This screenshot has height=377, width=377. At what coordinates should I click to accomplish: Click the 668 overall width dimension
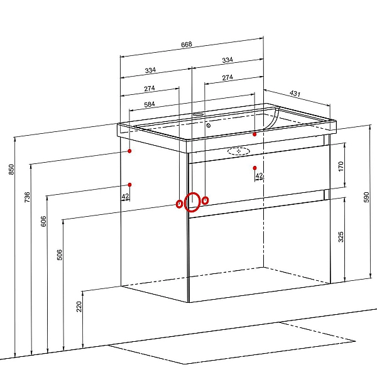pos(187,45)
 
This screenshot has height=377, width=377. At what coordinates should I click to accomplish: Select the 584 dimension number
pos(150,104)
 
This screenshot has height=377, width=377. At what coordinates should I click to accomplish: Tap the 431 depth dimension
pos(295,93)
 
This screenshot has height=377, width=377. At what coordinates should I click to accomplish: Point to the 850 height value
pos(11,169)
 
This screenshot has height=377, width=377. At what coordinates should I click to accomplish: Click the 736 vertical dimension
pos(28,197)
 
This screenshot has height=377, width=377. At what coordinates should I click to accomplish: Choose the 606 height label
pos(43,221)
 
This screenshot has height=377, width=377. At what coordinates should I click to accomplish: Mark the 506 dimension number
pos(60,255)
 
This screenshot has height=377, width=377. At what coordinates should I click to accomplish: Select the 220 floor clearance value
pos(79,307)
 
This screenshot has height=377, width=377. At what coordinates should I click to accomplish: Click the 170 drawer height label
pos(341,167)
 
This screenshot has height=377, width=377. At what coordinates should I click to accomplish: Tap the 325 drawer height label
pos(341,237)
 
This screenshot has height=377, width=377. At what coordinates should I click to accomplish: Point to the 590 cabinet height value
pos(366,197)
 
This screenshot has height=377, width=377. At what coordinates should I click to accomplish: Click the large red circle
pos(184,202)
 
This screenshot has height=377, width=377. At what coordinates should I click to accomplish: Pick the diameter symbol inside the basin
pos(209,125)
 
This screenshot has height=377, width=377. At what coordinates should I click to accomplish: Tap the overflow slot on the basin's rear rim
pos(198,114)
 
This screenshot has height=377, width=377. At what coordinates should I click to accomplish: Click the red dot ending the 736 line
pos(129,151)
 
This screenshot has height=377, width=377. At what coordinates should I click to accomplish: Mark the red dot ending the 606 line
pos(130,185)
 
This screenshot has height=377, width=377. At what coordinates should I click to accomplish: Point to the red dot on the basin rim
pos(254,134)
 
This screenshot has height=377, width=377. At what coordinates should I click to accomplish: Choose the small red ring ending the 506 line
pos(177,204)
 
